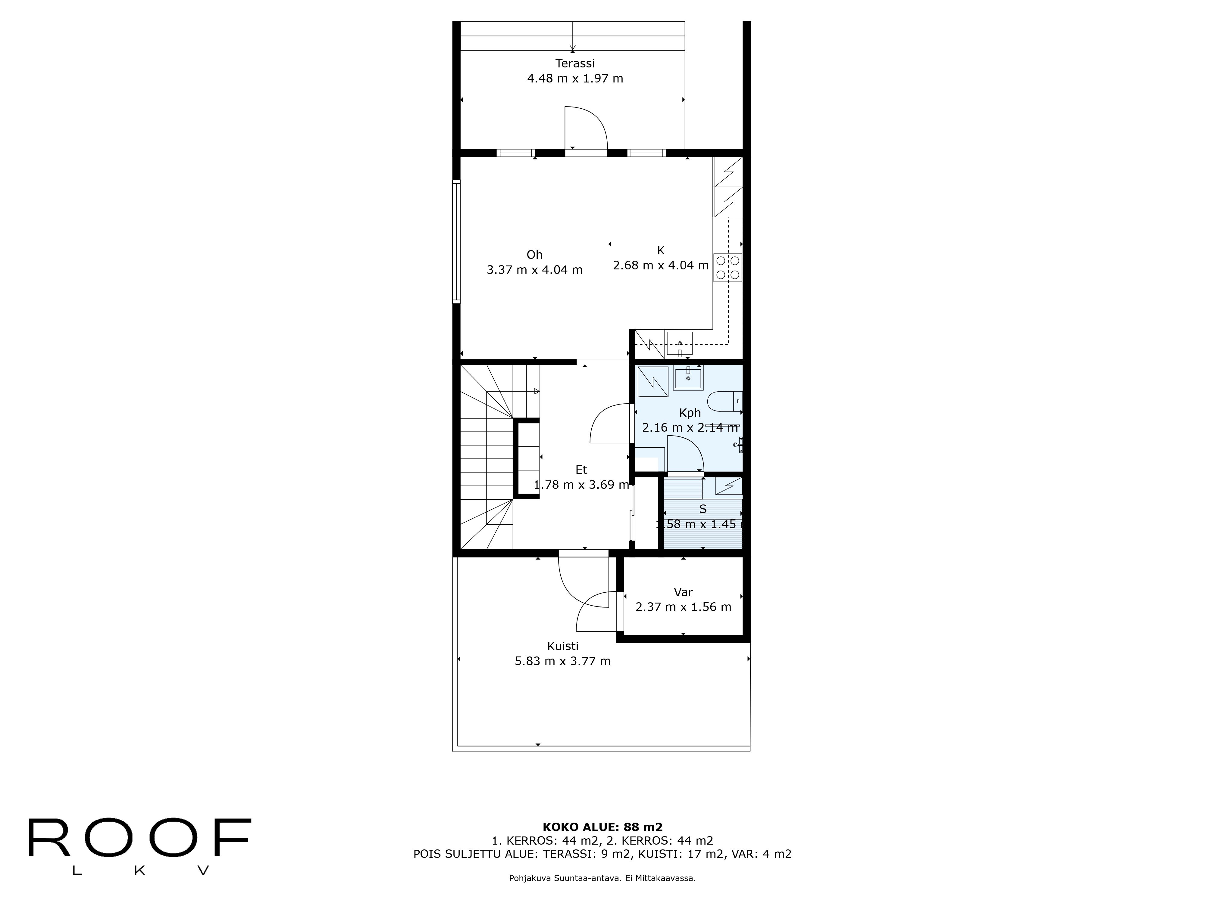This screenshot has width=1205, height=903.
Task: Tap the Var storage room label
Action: click(x=683, y=592)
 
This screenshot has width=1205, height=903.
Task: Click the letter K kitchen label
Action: click(x=661, y=250)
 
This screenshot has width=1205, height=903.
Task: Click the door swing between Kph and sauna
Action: click(x=685, y=455)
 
